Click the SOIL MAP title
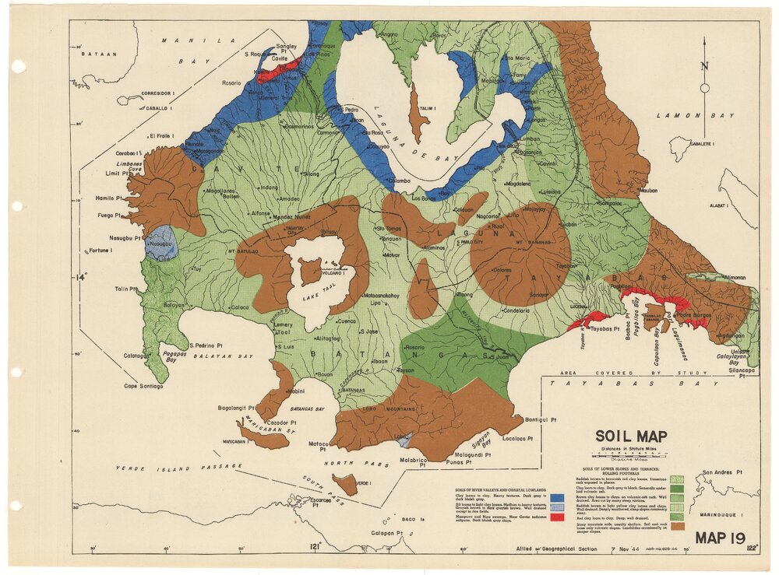632,437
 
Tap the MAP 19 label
722,538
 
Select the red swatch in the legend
557,517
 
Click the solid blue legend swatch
557,495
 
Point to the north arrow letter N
704,66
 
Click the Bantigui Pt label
541,419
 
